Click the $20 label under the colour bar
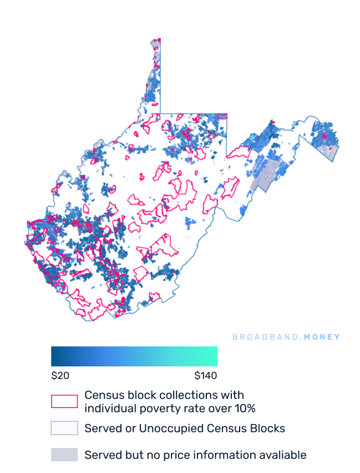pyautogui.click(x=60, y=376)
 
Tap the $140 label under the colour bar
pyautogui.click(x=206, y=376)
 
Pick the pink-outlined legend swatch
pyautogui.click(x=64, y=401)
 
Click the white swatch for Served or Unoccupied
pyautogui.click(x=64, y=428)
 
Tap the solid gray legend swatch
pyautogui.click(x=64, y=455)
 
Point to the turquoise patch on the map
pyautogui.click(x=253, y=137)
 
